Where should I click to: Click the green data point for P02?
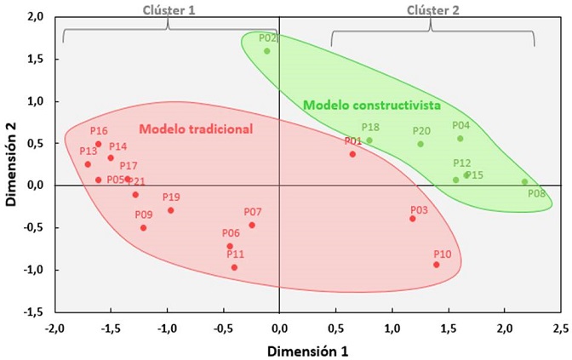click(266, 51)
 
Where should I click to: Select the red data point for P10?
click(437, 265)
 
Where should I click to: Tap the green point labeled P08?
click(524, 181)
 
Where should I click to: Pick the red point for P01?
click(352, 154)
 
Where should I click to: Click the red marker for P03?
click(413, 219)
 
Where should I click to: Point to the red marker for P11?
click(234, 267)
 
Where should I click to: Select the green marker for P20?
click(420, 144)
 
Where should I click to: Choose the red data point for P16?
click(99, 144)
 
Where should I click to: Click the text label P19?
click(171, 197)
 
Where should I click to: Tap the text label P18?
click(370, 127)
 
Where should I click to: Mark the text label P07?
click(253, 211)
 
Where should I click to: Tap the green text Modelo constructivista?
click(372, 106)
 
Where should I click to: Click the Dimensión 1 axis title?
click(306, 350)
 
